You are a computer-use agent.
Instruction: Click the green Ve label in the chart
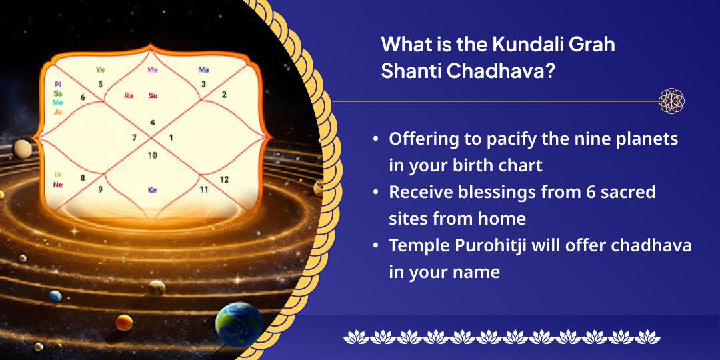(101, 69)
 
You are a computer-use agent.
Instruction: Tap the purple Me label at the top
(153, 69)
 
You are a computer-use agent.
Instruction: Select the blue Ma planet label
(204, 69)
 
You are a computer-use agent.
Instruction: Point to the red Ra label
(129, 95)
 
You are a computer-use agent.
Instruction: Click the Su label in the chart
(153, 95)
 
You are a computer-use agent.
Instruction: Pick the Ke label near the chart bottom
(153, 190)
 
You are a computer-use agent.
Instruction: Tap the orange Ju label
(58, 112)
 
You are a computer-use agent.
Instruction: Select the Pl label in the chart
(58, 85)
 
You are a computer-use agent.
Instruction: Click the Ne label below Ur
(58, 185)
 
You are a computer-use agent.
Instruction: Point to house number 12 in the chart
(224, 179)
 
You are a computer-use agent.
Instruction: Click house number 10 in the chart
(153, 155)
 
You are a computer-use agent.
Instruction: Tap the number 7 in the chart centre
(134, 138)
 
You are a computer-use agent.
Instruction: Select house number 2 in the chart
(224, 95)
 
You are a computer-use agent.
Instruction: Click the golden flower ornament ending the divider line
(671, 101)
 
